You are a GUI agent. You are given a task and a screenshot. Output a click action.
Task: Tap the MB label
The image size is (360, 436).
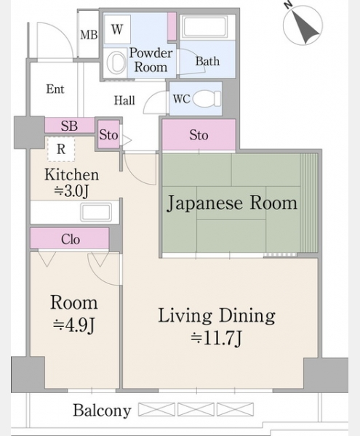click(x=89, y=35)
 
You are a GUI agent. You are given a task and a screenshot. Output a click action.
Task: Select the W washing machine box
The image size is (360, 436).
click(x=117, y=29)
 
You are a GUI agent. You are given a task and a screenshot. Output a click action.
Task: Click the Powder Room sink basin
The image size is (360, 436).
click(x=116, y=62)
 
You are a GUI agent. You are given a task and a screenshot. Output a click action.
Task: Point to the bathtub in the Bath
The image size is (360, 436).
click(x=204, y=27)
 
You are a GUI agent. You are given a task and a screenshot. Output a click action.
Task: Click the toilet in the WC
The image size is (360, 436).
click(x=207, y=99)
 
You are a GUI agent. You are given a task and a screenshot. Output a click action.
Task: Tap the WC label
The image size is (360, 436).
click(x=181, y=99)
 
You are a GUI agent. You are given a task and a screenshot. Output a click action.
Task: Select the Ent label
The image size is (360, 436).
click(x=55, y=89)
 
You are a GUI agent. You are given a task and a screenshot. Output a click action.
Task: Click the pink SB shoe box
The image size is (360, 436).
click(x=70, y=126)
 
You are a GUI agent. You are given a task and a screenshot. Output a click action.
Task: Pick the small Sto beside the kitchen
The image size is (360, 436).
click(x=108, y=134)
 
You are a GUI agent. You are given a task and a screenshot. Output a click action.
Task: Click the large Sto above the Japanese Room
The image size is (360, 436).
click(x=199, y=135)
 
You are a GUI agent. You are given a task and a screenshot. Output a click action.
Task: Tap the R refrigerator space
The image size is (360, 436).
click(x=61, y=149)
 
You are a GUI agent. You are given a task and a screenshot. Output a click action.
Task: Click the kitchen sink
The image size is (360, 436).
click(x=96, y=212)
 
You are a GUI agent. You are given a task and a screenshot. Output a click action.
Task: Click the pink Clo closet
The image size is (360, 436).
click(x=69, y=238)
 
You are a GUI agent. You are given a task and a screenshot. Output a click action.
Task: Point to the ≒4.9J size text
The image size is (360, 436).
click(x=74, y=325)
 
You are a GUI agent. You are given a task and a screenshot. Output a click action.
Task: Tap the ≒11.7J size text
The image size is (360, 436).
click(x=217, y=339)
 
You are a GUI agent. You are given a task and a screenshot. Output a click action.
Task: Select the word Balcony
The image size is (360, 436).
click(x=102, y=411)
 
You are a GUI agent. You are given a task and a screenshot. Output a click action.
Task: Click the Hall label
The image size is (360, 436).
click(x=124, y=100)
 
